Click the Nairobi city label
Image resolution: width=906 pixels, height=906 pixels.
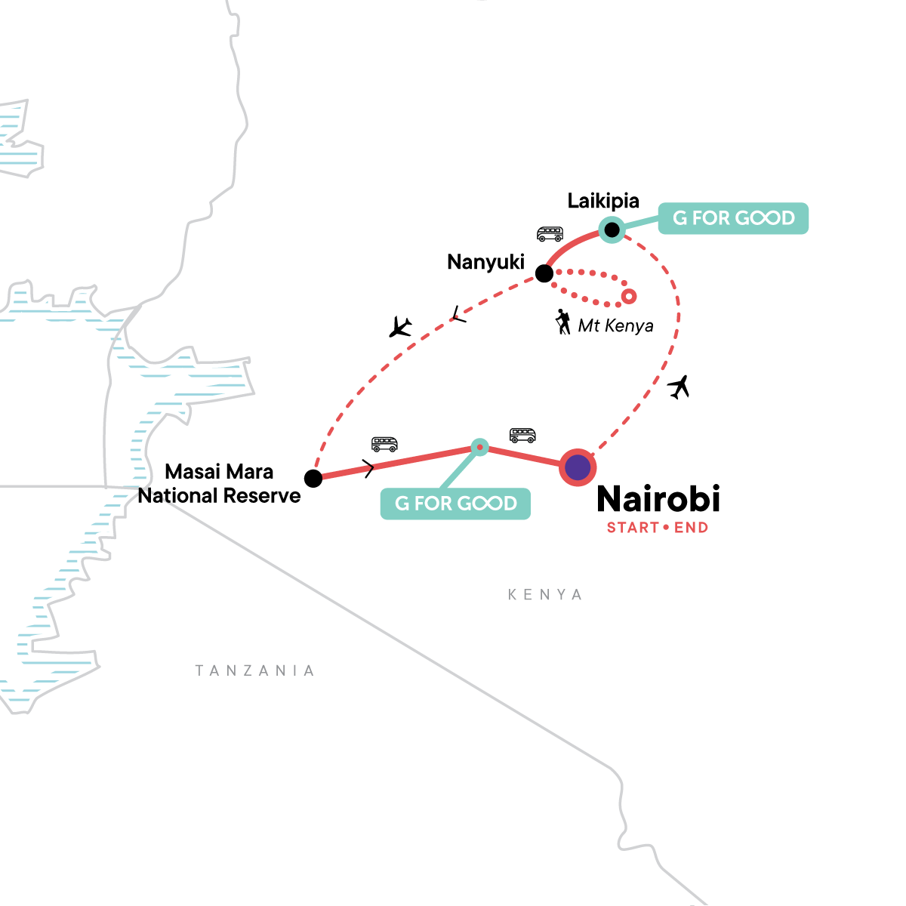pyautogui.click(x=658, y=499)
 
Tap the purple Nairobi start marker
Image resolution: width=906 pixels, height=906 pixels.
pyautogui.click(x=578, y=467)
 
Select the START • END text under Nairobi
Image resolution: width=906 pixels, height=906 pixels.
pyautogui.click(x=658, y=528)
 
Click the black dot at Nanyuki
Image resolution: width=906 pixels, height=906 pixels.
pyautogui.click(x=544, y=273)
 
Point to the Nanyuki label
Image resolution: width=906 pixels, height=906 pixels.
pyautogui.click(x=485, y=262)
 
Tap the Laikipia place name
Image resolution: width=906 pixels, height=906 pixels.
pyautogui.click(x=603, y=201)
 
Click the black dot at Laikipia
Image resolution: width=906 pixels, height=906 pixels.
pyautogui.click(x=612, y=229)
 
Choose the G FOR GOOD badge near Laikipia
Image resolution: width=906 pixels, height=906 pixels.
pyautogui.click(x=733, y=218)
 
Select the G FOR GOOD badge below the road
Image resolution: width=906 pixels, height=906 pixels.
pyautogui.click(x=455, y=504)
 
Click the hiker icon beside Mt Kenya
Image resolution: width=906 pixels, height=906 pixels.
pyautogui.click(x=562, y=322)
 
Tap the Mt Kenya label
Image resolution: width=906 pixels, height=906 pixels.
pyautogui.click(x=615, y=326)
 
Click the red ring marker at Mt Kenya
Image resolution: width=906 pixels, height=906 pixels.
pyautogui.click(x=628, y=296)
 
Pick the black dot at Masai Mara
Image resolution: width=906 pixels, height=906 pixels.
pyautogui.click(x=313, y=478)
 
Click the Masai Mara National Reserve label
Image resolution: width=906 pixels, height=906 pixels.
pyautogui.click(x=220, y=484)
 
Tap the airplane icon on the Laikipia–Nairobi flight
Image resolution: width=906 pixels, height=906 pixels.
pyautogui.click(x=679, y=387)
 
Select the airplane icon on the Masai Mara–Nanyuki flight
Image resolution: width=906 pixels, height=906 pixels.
pyautogui.click(x=400, y=327)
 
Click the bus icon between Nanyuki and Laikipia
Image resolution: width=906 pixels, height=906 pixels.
pyautogui.click(x=550, y=233)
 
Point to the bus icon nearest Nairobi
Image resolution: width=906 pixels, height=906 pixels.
pyautogui.click(x=522, y=435)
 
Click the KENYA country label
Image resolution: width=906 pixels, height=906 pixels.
pyautogui.click(x=545, y=595)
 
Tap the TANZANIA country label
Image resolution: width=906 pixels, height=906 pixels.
pyautogui.click(x=254, y=670)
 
